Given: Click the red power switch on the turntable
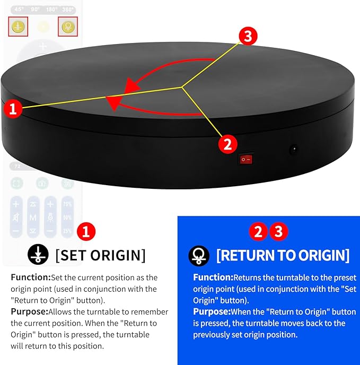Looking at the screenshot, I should pos(245,159).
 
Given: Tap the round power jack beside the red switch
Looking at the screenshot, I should pos(292,150).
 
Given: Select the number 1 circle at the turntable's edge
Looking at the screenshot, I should pos(13,109).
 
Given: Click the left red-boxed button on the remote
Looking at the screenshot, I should pos(18,27).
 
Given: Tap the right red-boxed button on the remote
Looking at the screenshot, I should pos(67,27).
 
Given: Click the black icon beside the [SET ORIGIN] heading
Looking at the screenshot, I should pos(39,255).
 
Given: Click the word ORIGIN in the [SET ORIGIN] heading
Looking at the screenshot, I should pos(117,255).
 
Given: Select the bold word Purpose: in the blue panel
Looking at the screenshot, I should pos(212,311).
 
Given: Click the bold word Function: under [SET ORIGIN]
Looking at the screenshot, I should pos(30,277).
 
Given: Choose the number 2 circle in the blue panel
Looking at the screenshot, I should pos(258,232).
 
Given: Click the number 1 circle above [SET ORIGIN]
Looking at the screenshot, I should pos(86,232).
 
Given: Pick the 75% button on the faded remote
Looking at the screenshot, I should pos(67,204).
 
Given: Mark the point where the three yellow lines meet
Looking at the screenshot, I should pos(183,86).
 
